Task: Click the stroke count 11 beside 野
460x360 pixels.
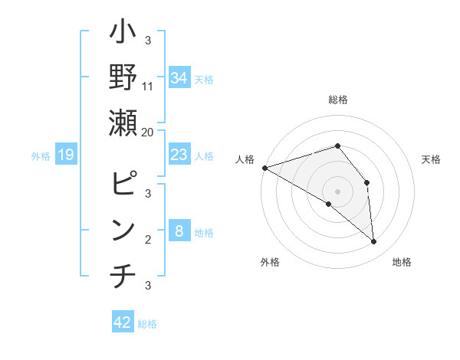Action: click(149, 87)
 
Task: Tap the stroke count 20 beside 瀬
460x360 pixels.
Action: click(147, 132)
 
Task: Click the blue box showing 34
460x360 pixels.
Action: click(179, 77)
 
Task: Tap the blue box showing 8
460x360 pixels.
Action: click(179, 231)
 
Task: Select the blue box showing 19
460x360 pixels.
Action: click(65, 155)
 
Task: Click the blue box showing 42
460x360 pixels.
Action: click(122, 322)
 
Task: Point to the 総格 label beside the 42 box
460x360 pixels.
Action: click(147, 324)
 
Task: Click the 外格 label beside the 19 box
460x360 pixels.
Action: click(41, 156)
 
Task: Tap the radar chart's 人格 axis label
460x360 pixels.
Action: click(245, 159)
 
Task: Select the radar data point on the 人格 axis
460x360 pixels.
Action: click(264, 168)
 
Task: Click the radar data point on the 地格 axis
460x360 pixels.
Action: click(374, 242)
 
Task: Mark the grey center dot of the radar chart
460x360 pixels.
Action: click(337, 190)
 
